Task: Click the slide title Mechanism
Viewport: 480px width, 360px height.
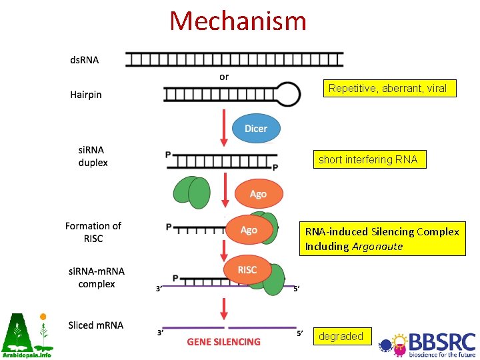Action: [238, 21]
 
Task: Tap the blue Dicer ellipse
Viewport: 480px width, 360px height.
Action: [256, 128]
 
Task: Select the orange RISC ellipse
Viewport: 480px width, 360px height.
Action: [247, 269]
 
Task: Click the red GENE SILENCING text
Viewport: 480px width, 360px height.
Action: [223, 342]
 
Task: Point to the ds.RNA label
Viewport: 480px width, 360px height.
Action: [85, 60]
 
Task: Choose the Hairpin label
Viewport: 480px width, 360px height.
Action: [86, 95]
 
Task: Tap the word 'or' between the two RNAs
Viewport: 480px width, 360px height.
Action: [224, 77]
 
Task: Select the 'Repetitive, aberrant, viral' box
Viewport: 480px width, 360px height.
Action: [387, 88]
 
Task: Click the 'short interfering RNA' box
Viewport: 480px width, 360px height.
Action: [368, 159]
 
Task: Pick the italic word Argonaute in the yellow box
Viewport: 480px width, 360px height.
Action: [377, 247]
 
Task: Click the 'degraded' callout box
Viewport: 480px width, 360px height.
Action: [341, 337]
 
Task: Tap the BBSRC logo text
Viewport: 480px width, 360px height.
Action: [442, 341]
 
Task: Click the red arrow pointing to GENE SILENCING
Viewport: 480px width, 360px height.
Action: [224, 308]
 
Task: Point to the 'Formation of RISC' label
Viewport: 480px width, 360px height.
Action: [93, 232]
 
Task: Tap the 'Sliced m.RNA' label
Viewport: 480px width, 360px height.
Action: [96, 325]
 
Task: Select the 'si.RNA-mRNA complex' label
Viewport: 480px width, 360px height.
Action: [97, 277]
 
